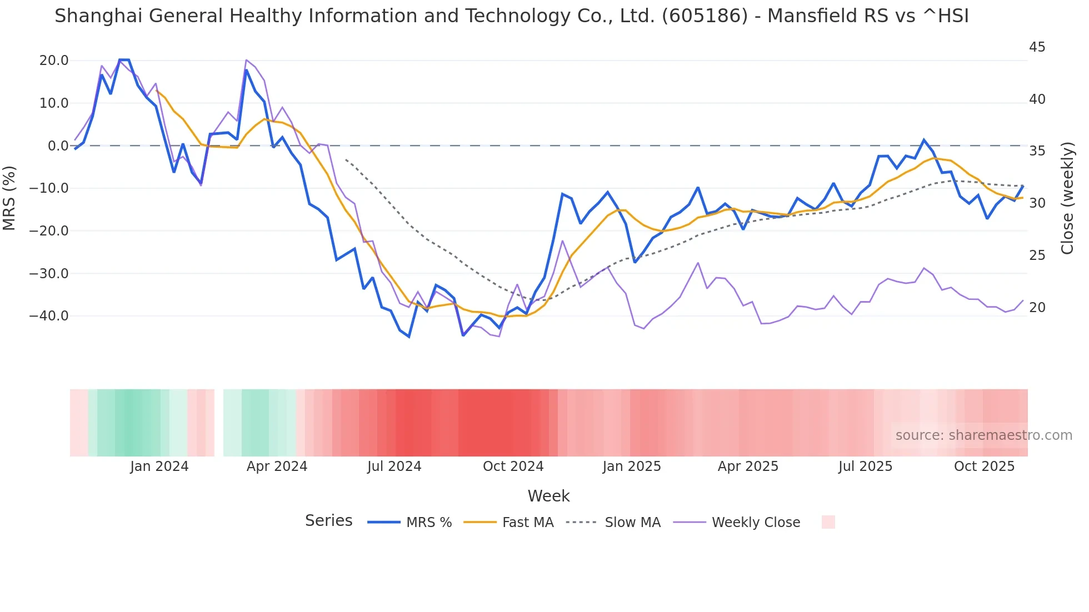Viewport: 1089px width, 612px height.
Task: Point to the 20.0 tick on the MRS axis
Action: [x=54, y=61]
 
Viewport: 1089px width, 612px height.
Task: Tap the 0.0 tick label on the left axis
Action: [x=58, y=146]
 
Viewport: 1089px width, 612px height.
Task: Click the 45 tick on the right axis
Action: [x=1037, y=47]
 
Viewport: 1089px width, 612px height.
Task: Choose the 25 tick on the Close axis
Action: [x=1037, y=255]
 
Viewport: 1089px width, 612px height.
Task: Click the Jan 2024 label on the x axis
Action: [x=159, y=466]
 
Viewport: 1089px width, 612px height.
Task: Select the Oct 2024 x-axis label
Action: [x=513, y=466]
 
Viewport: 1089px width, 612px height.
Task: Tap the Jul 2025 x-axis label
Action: [x=865, y=466]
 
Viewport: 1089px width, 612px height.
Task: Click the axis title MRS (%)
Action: [x=9, y=198]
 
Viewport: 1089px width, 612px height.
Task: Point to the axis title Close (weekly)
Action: [x=1067, y=198]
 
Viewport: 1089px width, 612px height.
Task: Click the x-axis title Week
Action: [x=548, y=496]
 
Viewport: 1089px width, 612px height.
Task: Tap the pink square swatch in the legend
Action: [x=828, y=522]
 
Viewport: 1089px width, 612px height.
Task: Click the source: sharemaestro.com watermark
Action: [x=983, y=435]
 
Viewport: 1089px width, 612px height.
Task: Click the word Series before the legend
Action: [x=328, y=521]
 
